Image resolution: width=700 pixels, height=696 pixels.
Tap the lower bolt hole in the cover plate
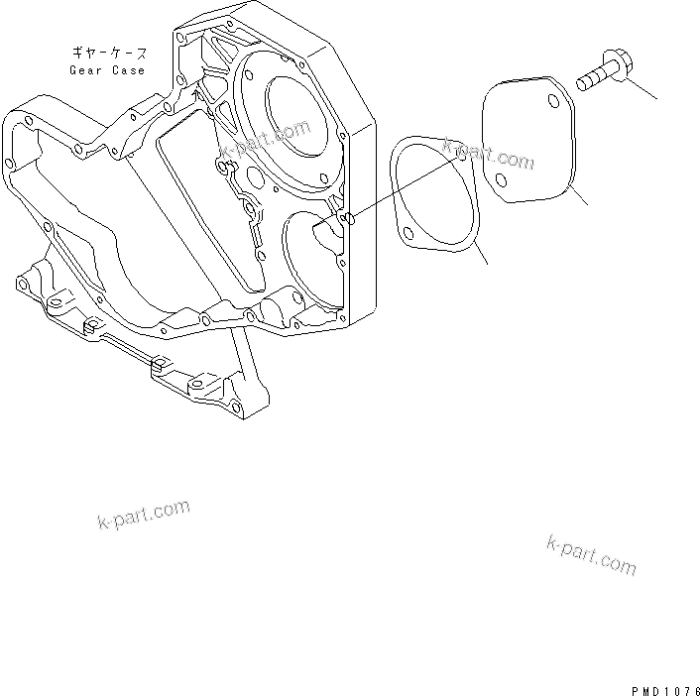[x=502, y=180]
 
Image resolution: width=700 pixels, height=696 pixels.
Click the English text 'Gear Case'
[x=107, y=70]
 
